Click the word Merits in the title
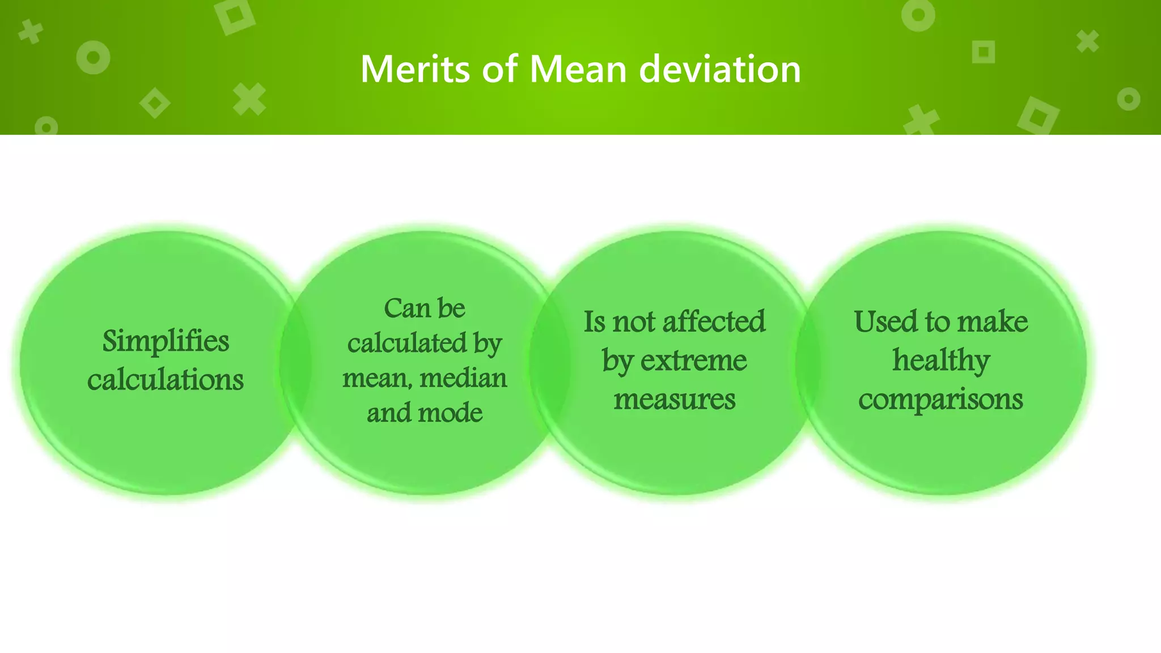coord(416,69)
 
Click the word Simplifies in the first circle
coord(166,342)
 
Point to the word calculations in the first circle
coord(166,379)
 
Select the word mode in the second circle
coord(450,413)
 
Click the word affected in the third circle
coord(714,322)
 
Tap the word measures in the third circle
coord(675,399)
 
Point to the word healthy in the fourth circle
coord(941,361)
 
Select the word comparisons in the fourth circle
coord(941,399)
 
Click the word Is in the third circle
coord(595,322)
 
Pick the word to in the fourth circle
coord(938,322)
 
